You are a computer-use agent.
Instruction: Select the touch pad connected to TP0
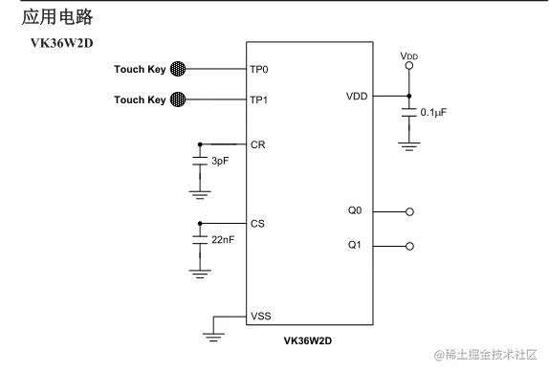[178, 69]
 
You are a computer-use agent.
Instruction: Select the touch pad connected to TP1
[178, 99]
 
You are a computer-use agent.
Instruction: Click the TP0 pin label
[259, 70]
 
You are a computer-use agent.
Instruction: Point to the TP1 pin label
[259, 100]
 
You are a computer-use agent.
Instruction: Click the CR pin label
[257, 145]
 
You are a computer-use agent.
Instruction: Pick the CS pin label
[257, 224]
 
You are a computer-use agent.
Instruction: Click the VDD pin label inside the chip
[357, 97]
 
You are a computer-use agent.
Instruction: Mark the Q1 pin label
[355, 246]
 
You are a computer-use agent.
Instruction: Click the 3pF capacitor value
[221, 162]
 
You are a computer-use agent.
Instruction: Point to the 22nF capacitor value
[223, 240]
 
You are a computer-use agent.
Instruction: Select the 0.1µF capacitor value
[434, 113]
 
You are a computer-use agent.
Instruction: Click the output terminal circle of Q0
[410, 211]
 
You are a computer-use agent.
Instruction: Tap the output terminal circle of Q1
[410, 246]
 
